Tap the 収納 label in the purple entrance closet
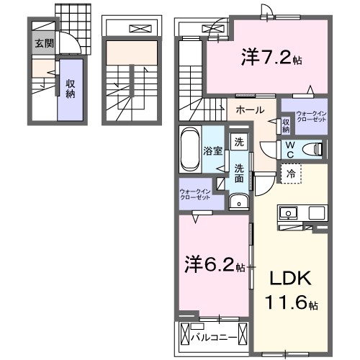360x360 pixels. pyautogui.click(x=71, y=89)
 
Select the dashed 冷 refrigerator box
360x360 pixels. pyautogui.click(x=289, y=174)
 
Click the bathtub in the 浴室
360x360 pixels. pyautogui.click(x=189, y=150)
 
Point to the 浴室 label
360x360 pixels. pyautogui.click(x=212, y=151)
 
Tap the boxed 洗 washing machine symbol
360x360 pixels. pyautogui.click(x=238, y=143)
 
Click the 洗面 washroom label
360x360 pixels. pyautogui.click(x=238, y=173)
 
